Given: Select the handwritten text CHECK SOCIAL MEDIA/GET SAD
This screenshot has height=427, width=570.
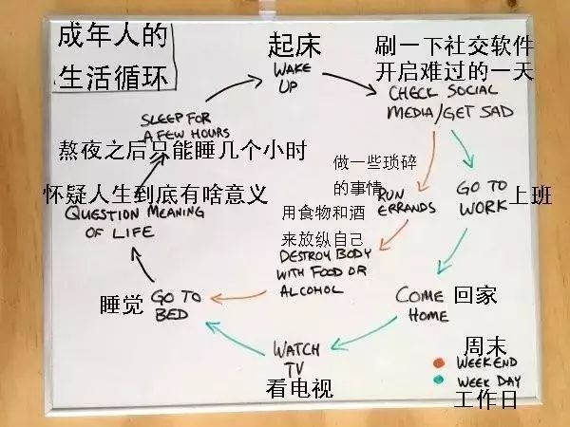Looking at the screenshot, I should pyautogui.click(x=450, y=102).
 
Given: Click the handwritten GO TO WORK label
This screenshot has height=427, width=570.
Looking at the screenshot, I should pyautogui.click(x=483, y=196).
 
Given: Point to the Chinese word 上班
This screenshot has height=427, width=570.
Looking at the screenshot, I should pyautogui.click(x=532, y=195).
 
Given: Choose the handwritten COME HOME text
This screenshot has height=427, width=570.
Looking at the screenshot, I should pyautogui.click(x=420, y=304).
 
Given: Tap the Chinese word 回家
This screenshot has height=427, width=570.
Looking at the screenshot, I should pyautogui.click(x=475, y=293).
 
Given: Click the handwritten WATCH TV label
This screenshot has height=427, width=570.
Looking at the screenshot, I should pyautogui.click(x=297, y=356).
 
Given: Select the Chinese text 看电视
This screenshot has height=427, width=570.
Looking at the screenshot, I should pyautogui.click(x=299, y=387).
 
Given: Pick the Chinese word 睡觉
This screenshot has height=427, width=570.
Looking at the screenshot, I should pyautogui.click(x=122, y=305).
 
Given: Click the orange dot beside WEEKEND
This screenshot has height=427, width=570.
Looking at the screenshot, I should pyautogui.click(x=439, y=362).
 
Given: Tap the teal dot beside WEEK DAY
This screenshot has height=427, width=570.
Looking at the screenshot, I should pyautogui.click(x=439, y=380).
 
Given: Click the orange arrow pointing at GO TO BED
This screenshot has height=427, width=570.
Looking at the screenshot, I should pyautogui.click(x=237, y=298).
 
